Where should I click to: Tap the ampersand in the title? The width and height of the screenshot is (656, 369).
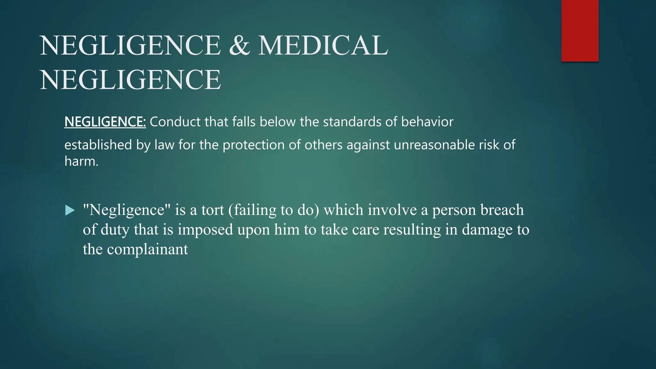[239, 45]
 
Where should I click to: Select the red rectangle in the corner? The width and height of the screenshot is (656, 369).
[580, 31]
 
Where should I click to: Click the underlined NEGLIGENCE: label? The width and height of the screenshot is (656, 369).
[105, 122]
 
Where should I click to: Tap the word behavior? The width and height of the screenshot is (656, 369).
[427, 122]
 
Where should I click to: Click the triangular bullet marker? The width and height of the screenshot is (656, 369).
[70, 210]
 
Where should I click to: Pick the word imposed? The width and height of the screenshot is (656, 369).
[205, 230]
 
